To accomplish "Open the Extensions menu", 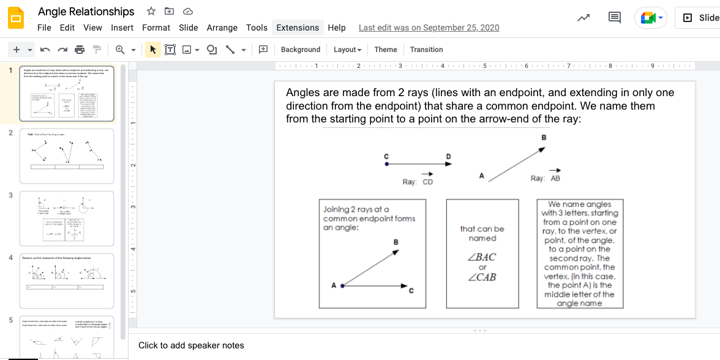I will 298,28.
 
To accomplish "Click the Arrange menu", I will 222,28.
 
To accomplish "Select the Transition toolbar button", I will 426,50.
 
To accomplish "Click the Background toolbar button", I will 300,50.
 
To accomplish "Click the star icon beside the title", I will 151,11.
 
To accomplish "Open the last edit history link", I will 429,28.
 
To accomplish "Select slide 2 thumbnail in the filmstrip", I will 67,156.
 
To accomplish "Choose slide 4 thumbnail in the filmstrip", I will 67,280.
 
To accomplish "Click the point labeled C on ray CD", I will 386,164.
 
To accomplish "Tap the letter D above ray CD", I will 448,157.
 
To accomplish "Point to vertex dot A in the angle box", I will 343,285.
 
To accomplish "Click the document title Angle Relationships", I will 86,12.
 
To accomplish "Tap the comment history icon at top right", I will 615,18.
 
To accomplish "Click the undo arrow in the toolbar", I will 45,50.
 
